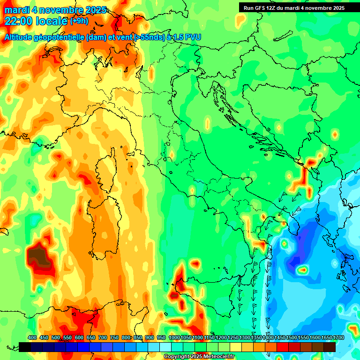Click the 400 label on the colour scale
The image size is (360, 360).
[32, 337]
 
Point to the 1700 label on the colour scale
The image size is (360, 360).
[326, 337]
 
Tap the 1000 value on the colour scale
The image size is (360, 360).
[174, 337]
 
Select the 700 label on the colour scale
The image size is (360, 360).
[103, 337]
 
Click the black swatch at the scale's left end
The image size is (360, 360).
[25, 347]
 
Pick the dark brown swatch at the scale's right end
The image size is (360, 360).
[330, 347]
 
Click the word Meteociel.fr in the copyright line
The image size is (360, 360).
[218, 357]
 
